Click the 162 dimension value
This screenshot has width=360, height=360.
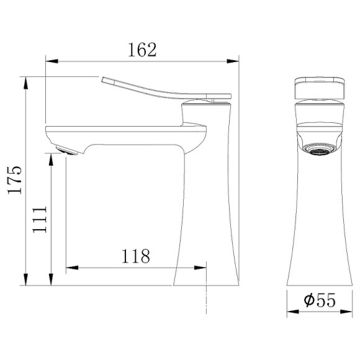(x=142, y=50)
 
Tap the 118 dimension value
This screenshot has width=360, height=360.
(x=136, y=256)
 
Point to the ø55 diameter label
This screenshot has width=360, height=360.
(x=320, y=300)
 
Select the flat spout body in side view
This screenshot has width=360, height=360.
(x=124, y=133)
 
